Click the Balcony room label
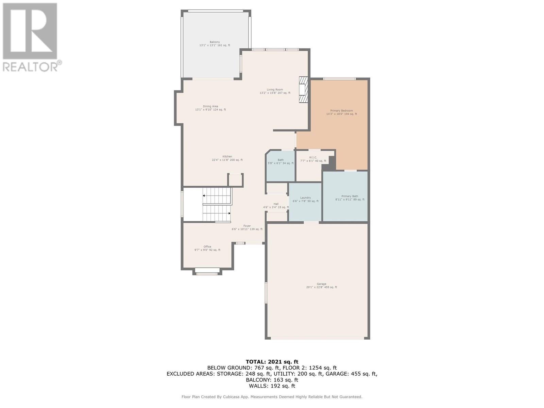215,44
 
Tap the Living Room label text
275,91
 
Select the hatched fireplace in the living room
303,89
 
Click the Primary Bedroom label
341,112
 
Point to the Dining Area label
210,108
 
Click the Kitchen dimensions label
227,160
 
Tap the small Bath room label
280,161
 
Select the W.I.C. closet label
313,159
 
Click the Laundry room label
305,199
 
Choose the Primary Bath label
350,198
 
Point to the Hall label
276,205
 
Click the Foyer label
247,227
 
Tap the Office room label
207,248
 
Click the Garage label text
321,286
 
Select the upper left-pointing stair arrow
204,196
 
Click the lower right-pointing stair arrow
230,213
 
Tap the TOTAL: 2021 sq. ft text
272,362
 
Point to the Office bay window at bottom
207,271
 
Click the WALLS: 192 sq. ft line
272,386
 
